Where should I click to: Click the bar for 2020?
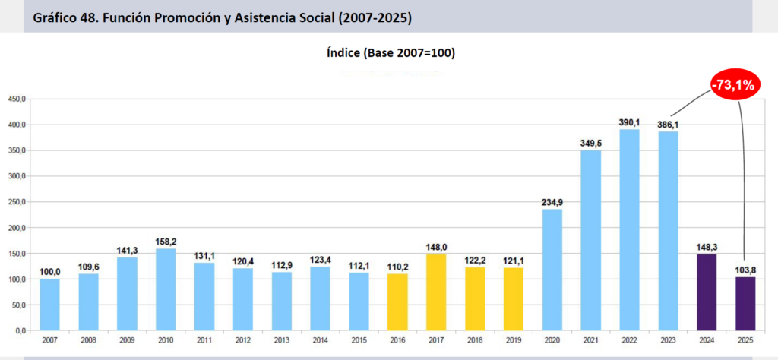pyautogui.click(x=552, y=270)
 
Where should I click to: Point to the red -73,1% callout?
pyautogui.click(x=732, y=85)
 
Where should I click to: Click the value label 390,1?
pyautogui.click(x=629, y=122)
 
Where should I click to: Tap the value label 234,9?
pyautogui.click(x=552, y=202)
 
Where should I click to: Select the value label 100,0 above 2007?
pyautogui.click(x=49, y=272)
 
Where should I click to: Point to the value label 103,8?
pyautogui.click(x=745, y=270)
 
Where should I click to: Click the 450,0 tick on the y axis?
pyautogui.click(x=17, y=99)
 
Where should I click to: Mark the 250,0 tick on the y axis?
pyautogui.click(x=17, y=202)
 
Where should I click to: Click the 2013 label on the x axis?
pyautogui.click(x=281, y=341)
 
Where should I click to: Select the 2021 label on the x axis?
pyautogui.click(x=590, y=341)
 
